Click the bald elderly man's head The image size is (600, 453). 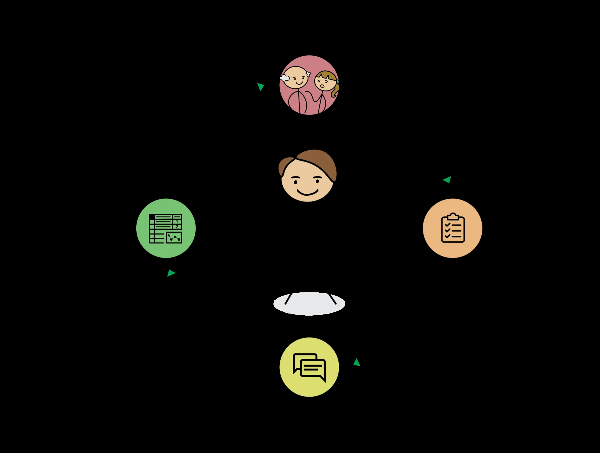click(295, 77)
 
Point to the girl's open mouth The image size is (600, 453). click(322, 86)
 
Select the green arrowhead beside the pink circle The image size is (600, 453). click(261, 87)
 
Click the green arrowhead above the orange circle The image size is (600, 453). click(447, 179)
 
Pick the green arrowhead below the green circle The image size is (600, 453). click(171, 273)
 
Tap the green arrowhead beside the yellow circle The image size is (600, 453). click(357, 362)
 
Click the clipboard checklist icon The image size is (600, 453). click(453, 228)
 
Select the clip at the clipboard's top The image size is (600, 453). click(453, 216)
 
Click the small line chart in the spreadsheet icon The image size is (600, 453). click(174, 238)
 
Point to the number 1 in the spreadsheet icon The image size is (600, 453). click(177, 221)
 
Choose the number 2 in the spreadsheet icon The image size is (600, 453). click(177, 227)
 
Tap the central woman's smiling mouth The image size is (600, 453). click(307, 192)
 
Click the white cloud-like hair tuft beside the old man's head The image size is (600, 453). click(284, 78)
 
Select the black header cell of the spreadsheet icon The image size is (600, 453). click(152, 217)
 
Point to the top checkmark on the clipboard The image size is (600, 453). click(447, 224)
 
